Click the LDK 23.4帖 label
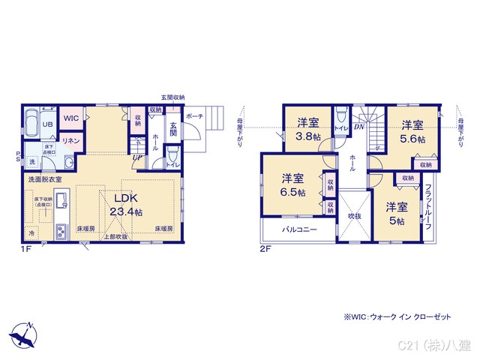tap(124, 205)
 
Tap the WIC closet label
tap(70, 118)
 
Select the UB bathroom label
tap(46, 125)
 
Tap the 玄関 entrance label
tap(172, 130)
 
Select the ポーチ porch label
tap(194, 117)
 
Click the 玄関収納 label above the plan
tap(172, 97)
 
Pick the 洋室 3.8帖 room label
tap(307, 128)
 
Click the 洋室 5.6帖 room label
tap(412, 132)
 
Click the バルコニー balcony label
tap(299, 229)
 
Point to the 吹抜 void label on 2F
tap(354, 216)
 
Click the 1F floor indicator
tap(26, 249)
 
